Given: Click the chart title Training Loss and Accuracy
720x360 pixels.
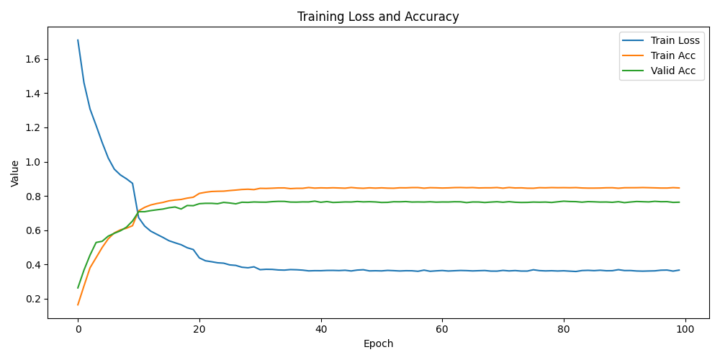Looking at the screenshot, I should (378, 17).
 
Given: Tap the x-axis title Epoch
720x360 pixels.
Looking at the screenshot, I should (378, 344).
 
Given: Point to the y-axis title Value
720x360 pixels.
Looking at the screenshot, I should (15, 174).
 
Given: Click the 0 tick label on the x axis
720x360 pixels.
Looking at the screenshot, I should (78, 330).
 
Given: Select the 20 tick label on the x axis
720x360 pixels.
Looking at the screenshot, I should (199, 330).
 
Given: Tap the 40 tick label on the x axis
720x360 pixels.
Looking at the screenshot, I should (321, 330).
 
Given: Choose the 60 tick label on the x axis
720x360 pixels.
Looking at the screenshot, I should (442, 330).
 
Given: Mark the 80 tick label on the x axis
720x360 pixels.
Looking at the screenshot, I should (564, 330).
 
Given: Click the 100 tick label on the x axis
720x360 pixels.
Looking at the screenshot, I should (685, 330).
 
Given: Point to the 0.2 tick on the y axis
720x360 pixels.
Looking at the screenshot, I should (33, 299).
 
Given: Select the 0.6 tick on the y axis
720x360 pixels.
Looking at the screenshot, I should (33, 230).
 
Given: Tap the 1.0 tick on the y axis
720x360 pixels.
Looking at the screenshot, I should (33, 162).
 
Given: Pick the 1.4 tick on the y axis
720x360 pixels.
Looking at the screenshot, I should (33, 94).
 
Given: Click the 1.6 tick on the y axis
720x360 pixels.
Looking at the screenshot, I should (33, 59).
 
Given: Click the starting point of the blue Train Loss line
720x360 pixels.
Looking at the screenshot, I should (78, 40).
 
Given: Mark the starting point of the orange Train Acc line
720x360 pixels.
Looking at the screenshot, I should (78, 305).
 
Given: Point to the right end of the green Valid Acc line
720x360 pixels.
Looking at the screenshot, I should (679, 202).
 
